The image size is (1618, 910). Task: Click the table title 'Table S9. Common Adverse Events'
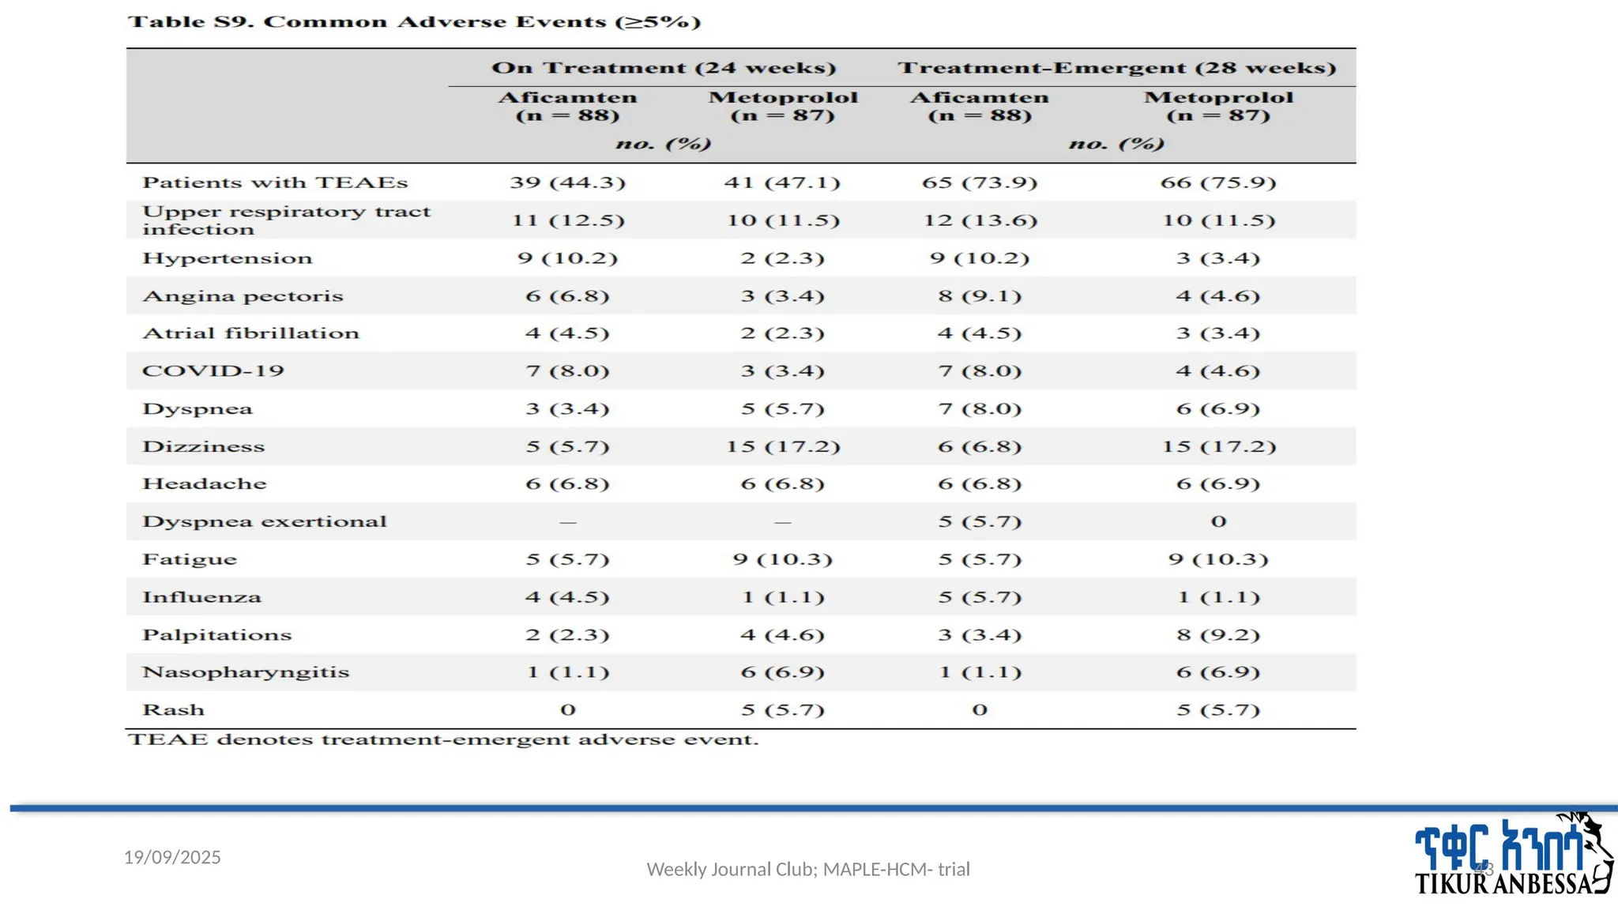pyautogui.click(x=414, y=21)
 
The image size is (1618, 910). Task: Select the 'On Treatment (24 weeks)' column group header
pyautogui.click(x=664, y=68)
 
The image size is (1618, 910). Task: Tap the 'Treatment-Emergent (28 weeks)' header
pyautogui.click(x=1116, y=68)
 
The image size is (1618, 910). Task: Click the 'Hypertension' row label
pyautogui.click(x=228, y=258)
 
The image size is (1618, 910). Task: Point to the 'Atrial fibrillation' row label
pyautogui.click(x=250, y=333)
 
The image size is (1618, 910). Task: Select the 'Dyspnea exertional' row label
pyautogui.click(x=265, y=521)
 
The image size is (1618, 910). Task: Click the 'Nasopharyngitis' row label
pyautogui.click(x=246, y=672)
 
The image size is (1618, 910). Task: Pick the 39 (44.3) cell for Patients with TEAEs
pyautogui.click(x=567, y=182)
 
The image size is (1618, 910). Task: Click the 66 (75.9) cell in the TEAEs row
pyautogui.click(x=1217, y=182)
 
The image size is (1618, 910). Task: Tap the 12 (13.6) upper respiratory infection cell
pyautogui.click(x=980, y=220)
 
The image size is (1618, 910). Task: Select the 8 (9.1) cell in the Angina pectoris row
pyautogui.click(x=980, y=296)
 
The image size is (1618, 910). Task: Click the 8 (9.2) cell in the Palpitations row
pyautogui.click(x=1217, y=635)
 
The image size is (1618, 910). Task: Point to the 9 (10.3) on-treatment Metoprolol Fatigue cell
pyautogui.click(x=782, y=559)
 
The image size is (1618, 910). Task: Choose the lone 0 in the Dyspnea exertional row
pyautogui.click(x=1218, y=521)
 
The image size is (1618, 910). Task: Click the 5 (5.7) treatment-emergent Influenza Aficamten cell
pyautogui.click(x=980, y=597)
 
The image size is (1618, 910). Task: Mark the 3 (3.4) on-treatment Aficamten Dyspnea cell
pyautogui.click(x=567, y=409)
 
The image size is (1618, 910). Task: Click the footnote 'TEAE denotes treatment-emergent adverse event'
pyautogui.click(x=442, y=740)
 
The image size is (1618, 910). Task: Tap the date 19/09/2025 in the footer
pyautogui.click(x=172, y=857)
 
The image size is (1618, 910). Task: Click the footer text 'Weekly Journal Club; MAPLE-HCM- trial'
pyautogui.click(x=808, y=869)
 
